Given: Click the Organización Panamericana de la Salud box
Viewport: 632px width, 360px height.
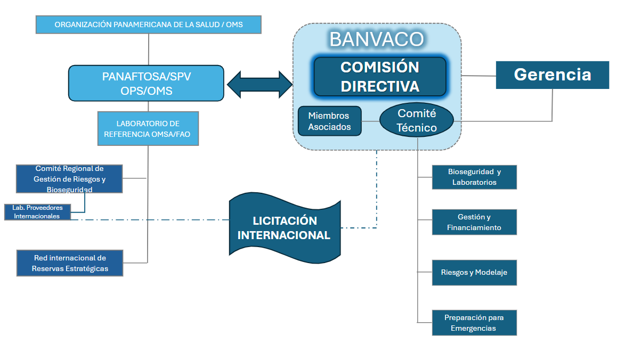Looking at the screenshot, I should point(148,24).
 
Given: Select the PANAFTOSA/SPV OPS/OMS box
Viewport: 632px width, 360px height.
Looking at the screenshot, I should point(146,83).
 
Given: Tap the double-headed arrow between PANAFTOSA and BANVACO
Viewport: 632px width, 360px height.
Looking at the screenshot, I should point(260,83).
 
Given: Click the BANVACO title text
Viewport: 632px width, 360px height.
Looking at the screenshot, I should point(376,39).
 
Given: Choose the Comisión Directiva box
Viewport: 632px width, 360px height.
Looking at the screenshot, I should point(379,77).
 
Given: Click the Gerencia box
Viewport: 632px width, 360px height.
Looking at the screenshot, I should point(552,75).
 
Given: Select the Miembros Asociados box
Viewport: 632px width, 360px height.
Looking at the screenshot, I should point(329,121).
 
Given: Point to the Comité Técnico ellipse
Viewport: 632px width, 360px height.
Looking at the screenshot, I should point(416,121).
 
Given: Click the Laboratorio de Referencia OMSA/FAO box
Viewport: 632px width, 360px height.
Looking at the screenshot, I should point(148,128).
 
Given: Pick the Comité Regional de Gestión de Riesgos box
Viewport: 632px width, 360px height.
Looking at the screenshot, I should point(69,178).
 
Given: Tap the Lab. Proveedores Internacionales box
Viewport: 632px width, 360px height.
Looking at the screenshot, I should point(37,211).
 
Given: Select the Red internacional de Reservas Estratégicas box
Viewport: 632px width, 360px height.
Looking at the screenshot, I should point(69,263).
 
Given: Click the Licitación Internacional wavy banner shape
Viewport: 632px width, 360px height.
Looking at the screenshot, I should point(284,227).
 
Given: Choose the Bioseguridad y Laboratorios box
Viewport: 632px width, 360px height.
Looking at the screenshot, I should point(474,177).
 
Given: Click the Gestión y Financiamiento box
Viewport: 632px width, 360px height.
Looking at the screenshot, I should point(474,222).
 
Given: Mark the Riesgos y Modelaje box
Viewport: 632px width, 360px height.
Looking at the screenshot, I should point(474,272).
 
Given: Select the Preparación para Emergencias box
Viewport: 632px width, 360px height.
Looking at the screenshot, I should point(474,323).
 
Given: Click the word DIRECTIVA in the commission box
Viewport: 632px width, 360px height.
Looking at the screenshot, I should point(379,86).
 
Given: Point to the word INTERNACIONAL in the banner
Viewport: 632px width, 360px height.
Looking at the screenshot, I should point(284,235).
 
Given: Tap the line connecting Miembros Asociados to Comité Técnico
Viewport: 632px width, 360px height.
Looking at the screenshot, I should point(370,121).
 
